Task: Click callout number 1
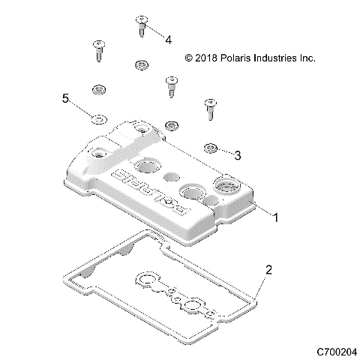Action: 275,217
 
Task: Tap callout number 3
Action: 238,156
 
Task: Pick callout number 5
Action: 65,99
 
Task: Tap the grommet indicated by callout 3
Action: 212,146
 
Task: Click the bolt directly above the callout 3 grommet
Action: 209,109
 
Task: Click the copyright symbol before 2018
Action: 189,58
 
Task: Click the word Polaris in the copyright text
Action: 238,58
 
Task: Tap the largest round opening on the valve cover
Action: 225,184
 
